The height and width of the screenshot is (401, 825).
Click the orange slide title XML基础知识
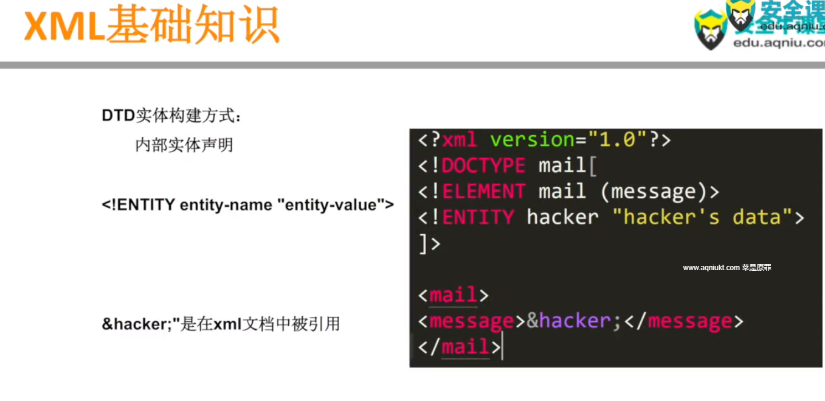coord(151,26)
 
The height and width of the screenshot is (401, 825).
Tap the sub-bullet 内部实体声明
coord(184,145)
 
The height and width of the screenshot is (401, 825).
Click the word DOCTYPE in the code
coord(483,166)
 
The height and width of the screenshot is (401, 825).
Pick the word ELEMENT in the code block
coord(483,192)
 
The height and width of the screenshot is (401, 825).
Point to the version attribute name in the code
coord(532,140)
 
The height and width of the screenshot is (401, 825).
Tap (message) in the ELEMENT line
coord(654,192)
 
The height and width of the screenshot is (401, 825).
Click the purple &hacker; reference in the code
coord(574,321)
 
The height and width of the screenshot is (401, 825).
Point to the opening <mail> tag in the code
coord(453,295)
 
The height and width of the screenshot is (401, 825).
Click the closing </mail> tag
coord(459,347)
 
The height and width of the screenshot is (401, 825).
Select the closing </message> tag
coord(683,321)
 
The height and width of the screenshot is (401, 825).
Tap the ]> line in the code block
coord(429,243)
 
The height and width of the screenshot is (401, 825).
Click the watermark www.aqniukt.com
coord(711,268)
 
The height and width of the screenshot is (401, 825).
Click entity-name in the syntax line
coord(226,205)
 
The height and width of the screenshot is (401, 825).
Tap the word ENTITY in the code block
coord(478,217)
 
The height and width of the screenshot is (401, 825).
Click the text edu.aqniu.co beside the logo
coord(779,43)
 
